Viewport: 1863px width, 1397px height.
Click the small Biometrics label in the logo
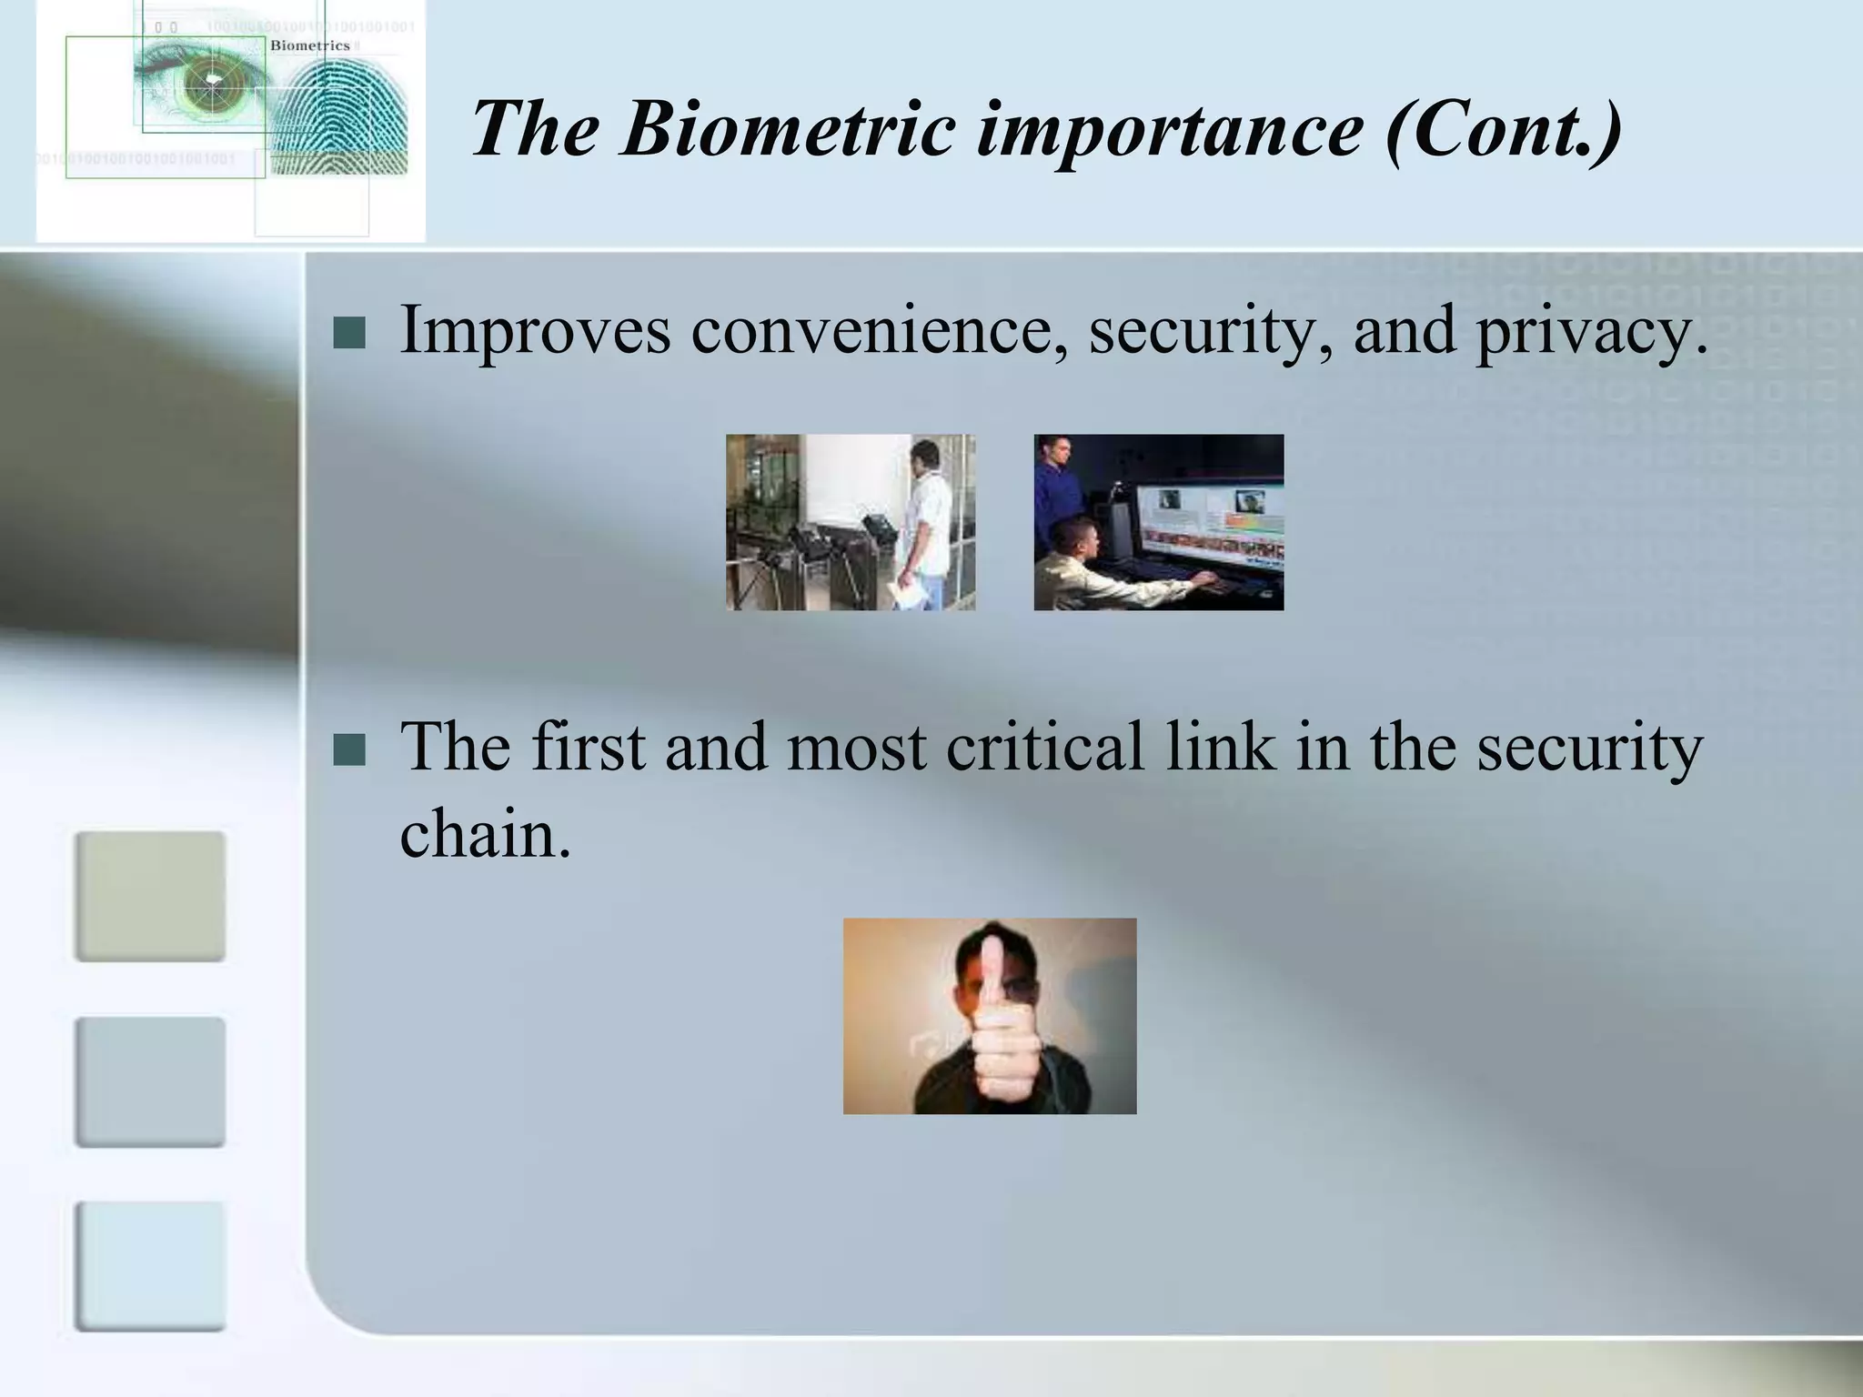click(x=309, y=45)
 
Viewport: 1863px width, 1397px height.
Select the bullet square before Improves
click(x=349, y=334)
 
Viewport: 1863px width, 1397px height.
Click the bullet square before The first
click(x=349, y=750)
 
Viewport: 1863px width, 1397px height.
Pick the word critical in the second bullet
click(x=1043, y=747)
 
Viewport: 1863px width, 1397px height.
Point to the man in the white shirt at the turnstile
click(x=926, y=518)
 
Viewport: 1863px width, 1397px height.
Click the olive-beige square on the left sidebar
click(x=150, y=896)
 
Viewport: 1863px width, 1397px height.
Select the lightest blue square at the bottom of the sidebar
click(x=150, y=1266)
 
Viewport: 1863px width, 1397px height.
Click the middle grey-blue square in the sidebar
click(x=150, y=1081)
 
